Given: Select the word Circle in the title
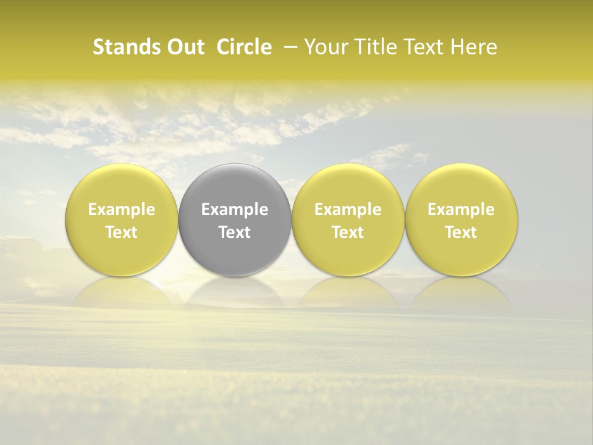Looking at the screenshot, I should click(x=244, y=48).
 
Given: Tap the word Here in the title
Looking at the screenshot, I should click(x=474, y=48).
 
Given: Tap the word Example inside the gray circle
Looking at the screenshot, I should click(x=235, y=210).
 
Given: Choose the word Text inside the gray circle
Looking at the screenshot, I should click(x=235, y=232).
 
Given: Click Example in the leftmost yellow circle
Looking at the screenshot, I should click(x=122, y=210).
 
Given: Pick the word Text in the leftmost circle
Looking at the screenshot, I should click(x=122, y=232).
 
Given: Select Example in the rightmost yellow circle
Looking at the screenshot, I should click(x=461, y=210).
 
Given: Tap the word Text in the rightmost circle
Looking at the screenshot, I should click(x=461, y=232).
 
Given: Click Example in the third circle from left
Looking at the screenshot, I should click(x=348, y=210).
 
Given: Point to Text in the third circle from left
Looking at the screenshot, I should click(x=348, y=232).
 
